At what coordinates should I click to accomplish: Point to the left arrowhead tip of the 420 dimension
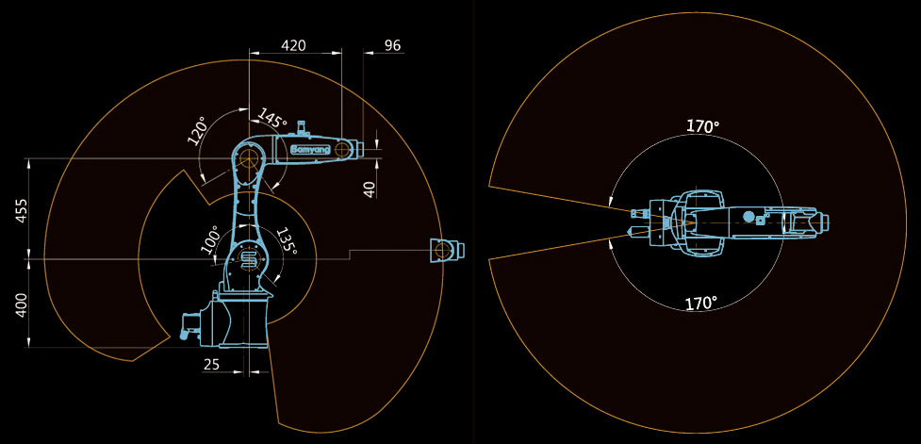[250, 53]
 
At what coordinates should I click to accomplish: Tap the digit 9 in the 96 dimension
[388, 45]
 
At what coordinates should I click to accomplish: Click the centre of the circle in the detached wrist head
[442, 251]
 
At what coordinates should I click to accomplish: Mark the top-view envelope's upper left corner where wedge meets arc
[488, 186]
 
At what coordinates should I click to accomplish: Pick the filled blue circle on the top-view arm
[748, 216]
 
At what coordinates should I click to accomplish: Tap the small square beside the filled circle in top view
[760, 221]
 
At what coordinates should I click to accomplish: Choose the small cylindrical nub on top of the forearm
[303, 127]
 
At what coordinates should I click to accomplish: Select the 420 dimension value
[294, 45]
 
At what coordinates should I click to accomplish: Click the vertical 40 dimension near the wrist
[370, 189]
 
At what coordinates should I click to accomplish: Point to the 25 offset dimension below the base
[211, 364]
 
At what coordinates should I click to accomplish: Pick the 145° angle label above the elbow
[271, 119]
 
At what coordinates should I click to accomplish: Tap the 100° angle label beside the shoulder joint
[211, 239]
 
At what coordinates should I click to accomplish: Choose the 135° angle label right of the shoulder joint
[286, 240]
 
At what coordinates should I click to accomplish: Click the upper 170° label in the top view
[703, 126]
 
